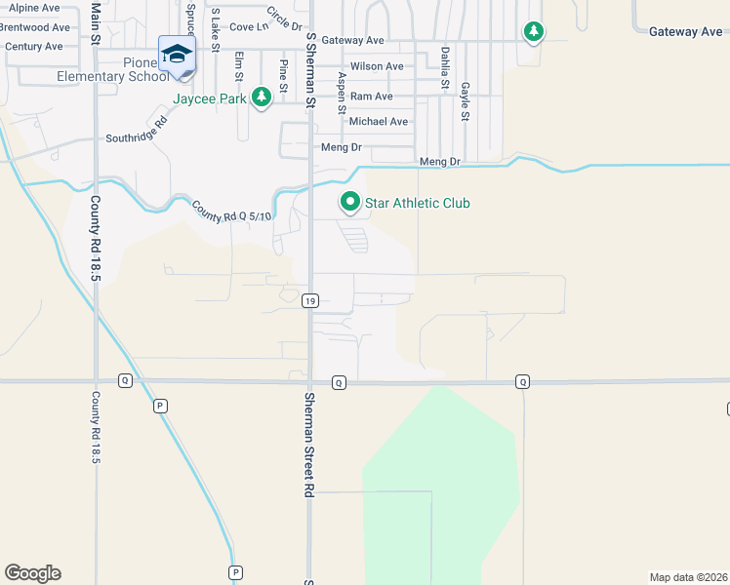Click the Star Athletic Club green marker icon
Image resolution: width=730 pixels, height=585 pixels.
coord(350,203)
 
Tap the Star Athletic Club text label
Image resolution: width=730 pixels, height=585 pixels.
coord(417,203)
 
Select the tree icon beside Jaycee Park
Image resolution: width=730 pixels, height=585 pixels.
coord(261,97)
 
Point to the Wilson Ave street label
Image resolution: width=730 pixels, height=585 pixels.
coord(377,66)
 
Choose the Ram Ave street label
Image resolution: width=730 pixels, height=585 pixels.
coord(371,97)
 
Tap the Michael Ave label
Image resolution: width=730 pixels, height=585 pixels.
coord(379,122)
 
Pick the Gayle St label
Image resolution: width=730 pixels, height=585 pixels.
coord(466,101)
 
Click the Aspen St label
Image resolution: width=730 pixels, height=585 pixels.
coord(342,93)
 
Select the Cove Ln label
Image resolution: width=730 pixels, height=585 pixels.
coord(250,27)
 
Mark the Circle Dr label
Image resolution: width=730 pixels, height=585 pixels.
coord(284,18)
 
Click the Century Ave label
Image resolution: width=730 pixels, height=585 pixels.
coord(33,46)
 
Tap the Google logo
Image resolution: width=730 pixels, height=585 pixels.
coord(33,573)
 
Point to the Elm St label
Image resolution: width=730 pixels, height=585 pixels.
coord(238,68)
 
